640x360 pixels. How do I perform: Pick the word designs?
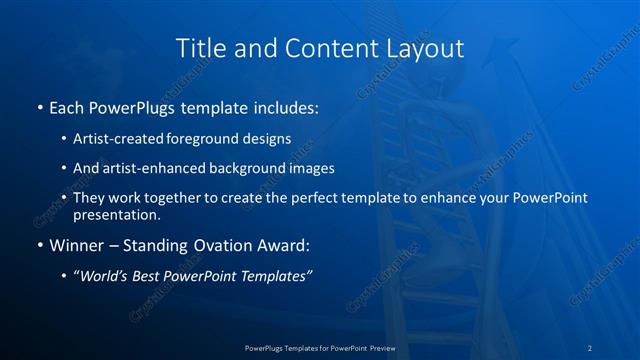263,140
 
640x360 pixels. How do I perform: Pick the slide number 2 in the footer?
590,347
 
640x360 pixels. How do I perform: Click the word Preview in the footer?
376,347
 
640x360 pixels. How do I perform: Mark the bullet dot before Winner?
39,245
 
